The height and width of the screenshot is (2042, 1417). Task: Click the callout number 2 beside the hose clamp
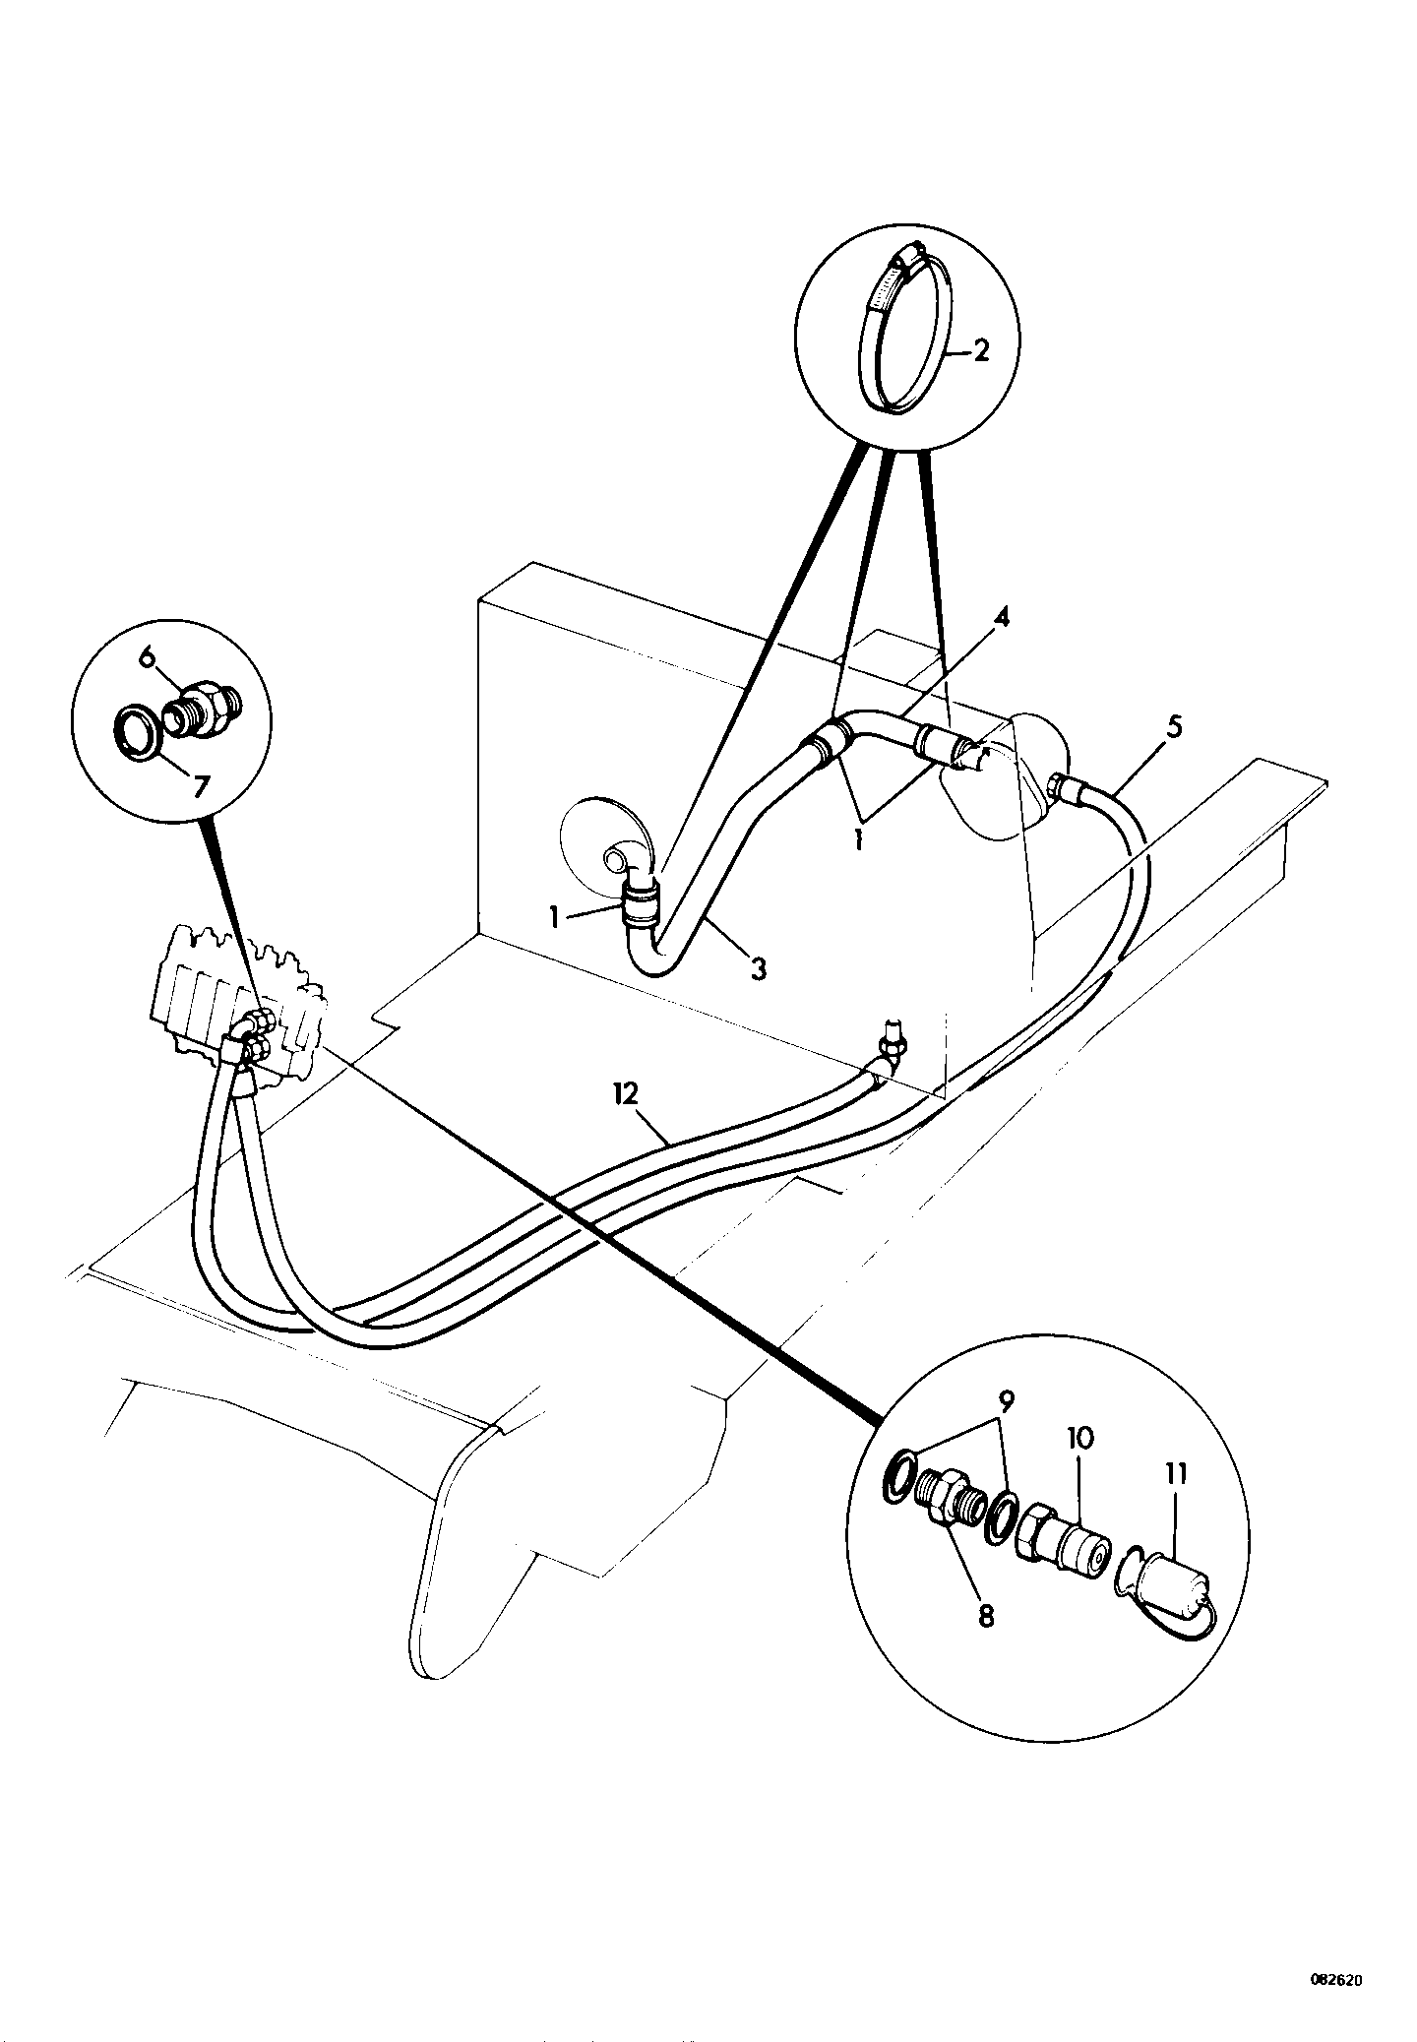click(980, 351)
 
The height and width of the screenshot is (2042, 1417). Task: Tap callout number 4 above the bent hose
click(1001, 620)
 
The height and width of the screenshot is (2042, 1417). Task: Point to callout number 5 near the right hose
click(1174, 728)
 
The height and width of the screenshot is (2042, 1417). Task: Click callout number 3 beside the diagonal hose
click(757, 968)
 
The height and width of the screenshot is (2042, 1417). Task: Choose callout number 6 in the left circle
click(149, 655)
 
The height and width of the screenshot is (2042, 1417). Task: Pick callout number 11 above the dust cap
click(1176, 1474)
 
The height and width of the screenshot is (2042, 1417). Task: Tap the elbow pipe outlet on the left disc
click(618, 835)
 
